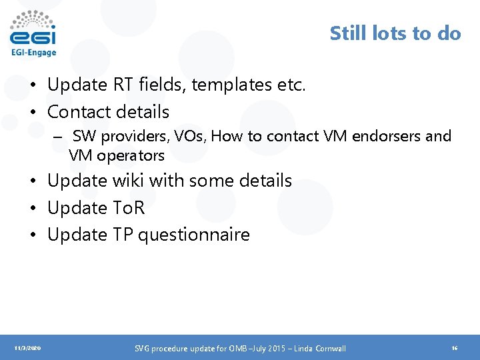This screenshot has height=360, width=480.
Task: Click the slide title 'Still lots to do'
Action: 395,33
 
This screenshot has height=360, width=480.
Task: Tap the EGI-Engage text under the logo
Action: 33,53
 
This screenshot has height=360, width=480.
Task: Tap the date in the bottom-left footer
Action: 27,349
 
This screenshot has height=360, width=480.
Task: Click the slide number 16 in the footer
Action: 454,349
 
